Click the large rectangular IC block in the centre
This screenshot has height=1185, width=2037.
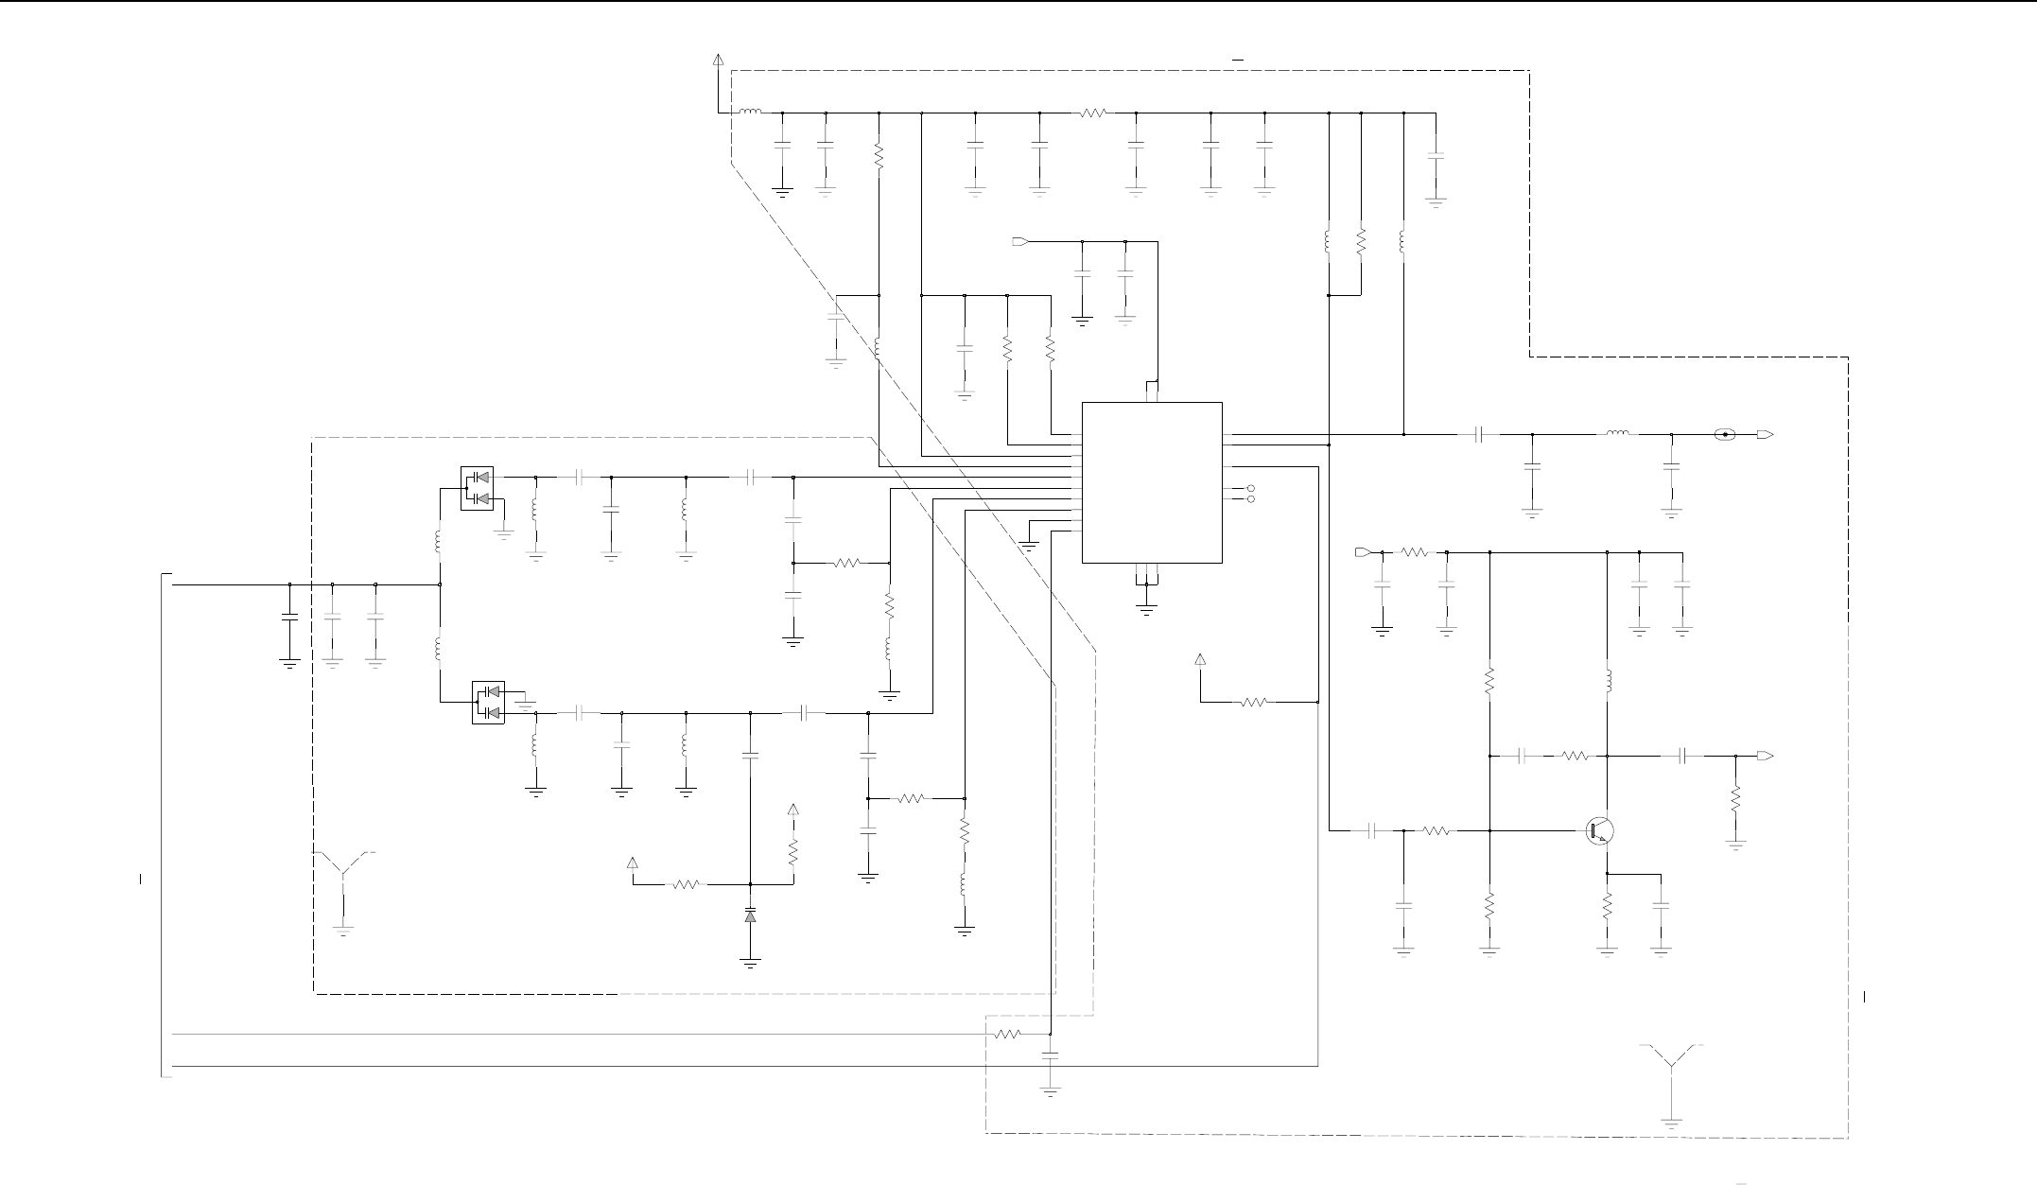(x=1152, y=482)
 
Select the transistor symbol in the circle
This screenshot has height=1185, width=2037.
(x=1600, y=831)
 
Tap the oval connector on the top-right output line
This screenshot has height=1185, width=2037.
(x=1725, y=435)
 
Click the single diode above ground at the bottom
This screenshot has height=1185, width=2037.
(x=750, y=916)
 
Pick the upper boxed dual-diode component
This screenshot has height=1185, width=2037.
(x=477, y=488)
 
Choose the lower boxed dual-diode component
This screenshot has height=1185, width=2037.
(x=488, y=703)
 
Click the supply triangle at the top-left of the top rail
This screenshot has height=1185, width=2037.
(x=718, y=60)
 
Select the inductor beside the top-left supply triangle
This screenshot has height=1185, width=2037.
(x=750, y=113)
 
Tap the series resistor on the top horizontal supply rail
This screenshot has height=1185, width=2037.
(x=1092, y=113)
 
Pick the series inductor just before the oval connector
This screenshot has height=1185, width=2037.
(x=1617, y=435)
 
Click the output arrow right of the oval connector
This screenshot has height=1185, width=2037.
(x=1765, y=435)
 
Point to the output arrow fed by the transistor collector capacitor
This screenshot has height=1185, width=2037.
(x=1765, y=757)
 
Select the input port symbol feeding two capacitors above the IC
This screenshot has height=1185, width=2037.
(x=1019, y=242)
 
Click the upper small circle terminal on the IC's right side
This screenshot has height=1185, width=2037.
(x=1251, y=489)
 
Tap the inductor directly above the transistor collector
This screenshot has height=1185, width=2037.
(x=1607, y=681)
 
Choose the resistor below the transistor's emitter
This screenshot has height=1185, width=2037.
(x=1607, y=909)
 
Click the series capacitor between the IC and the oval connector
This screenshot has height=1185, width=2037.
(x=1481, y=435)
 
